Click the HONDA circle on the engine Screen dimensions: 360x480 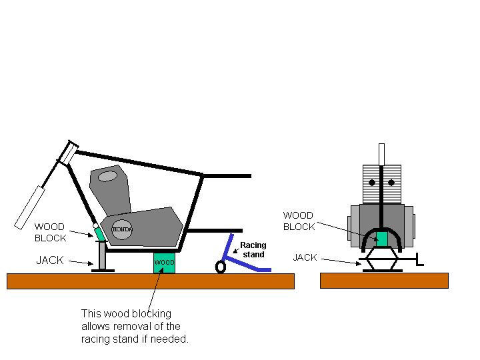[x=121, y=229]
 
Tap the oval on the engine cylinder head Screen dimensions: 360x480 [x=107, y=177]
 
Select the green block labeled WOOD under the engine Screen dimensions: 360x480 [x=164, y=263]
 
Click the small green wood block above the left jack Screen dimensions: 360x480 [x=100, y=233]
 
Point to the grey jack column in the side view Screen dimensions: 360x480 [x=102, y=255]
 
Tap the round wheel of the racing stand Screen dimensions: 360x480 [x=220, y=267]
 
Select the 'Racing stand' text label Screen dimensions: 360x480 [x=253, y=249]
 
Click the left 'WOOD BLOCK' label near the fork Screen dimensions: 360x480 [x=51, y=232]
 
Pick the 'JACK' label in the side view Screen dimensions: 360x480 [x=50, y=260]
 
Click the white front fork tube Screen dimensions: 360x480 [x=30, y=206]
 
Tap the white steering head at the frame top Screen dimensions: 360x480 [x=69, y=153]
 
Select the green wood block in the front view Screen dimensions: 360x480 [x=381, y=238]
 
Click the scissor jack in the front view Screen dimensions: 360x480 [x=381, y=261]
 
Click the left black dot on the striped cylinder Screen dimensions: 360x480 [x=373, y=182]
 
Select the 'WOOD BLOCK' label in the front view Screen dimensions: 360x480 [x=298, y=221]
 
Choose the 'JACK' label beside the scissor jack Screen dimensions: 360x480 [x=305, y=257]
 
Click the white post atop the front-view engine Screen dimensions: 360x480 [x=381, y=154]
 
